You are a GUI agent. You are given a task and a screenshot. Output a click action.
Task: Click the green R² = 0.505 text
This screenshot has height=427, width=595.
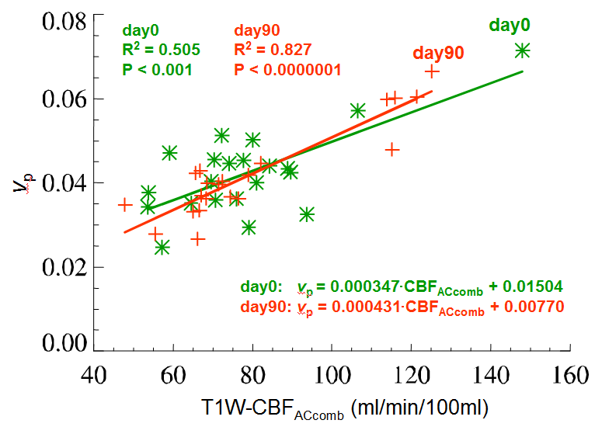[161, 50]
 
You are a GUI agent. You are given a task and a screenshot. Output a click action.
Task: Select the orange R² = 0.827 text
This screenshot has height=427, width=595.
[273, 50]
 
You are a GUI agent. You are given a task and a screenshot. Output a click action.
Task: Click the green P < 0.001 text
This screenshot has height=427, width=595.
[157, 70]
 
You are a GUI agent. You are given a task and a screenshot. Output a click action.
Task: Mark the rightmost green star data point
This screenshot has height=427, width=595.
[522, 50]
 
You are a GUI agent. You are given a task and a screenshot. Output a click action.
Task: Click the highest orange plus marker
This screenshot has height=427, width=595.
[432, 71]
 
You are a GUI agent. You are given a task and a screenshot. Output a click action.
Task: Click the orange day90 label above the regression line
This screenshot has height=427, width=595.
[438, 53]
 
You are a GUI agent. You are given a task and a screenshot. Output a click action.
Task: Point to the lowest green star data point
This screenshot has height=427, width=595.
[162, 248]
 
